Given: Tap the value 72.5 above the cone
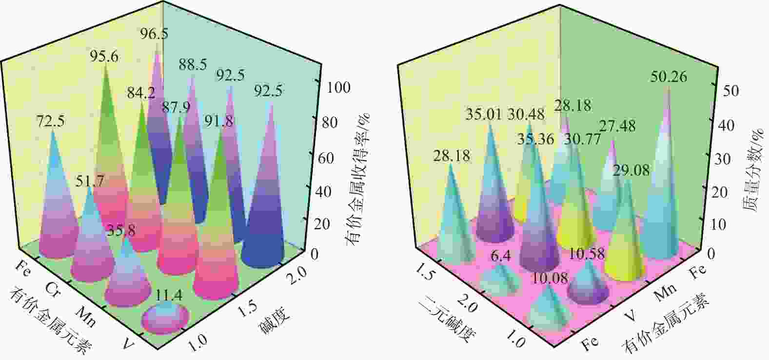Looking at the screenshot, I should pyautogui.click(x=50, y=121).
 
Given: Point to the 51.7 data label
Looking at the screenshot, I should pyautogui.click(x=90, y=181).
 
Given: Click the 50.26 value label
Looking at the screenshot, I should pyautogui.click(x=669, y=77).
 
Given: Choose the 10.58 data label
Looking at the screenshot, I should pyautogui.click(x=587, y=254).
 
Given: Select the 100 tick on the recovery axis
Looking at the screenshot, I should pyautogui.click(x=339, y=88).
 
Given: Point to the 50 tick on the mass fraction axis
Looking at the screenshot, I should pyautogui.click(x=731, y=91).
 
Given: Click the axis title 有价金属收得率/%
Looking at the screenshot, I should pyautogui.click(x=359, y=179).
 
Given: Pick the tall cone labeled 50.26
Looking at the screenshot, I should pyautogui.click(x=661, y=195).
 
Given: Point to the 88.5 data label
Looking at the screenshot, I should pyautogui.click(x=193, y=65).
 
